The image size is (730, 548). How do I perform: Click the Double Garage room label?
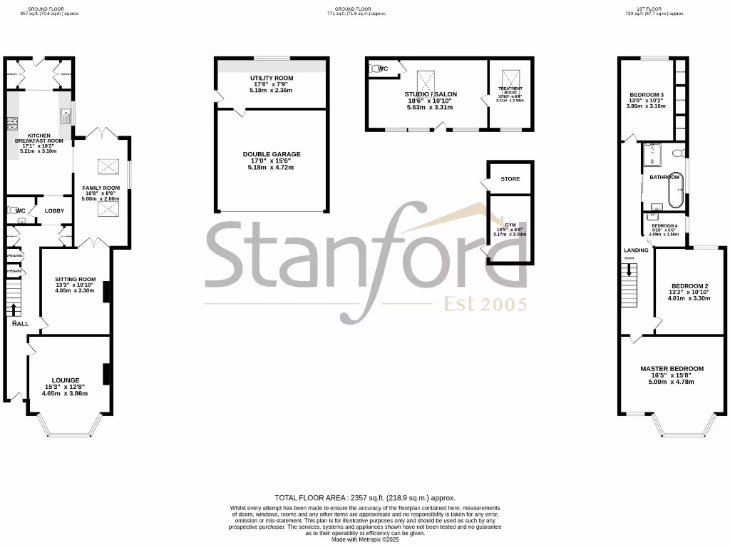(272, 154)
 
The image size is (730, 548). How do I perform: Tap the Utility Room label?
(272, 78)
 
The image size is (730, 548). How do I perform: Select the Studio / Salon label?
(431, 94)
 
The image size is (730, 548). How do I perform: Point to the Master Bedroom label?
(672, 369)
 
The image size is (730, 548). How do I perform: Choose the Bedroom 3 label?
(647, 95)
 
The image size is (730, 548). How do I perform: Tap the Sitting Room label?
(75, 280)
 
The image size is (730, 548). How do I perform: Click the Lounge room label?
(66, 380)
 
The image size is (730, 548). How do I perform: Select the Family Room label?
(101, 188)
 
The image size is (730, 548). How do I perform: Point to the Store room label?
(510, 179)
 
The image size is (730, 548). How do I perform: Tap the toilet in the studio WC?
(375, 69)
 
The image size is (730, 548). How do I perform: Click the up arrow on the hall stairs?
(14, 308)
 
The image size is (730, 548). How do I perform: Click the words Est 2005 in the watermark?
(485, 305)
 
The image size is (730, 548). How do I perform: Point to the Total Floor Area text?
(365, 498)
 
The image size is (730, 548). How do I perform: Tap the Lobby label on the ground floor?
(55, 210)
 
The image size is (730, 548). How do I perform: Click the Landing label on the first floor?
(636, 250)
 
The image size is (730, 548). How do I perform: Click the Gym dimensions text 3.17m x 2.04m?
(510, 234)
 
